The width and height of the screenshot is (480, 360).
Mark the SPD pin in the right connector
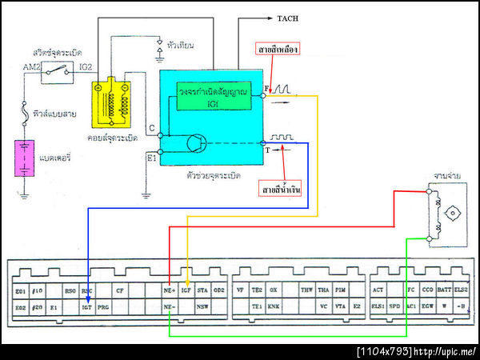pyautogui.click(x=394, y=306)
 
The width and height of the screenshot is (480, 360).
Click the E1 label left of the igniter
pyautogui.click(x=152, y=157)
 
